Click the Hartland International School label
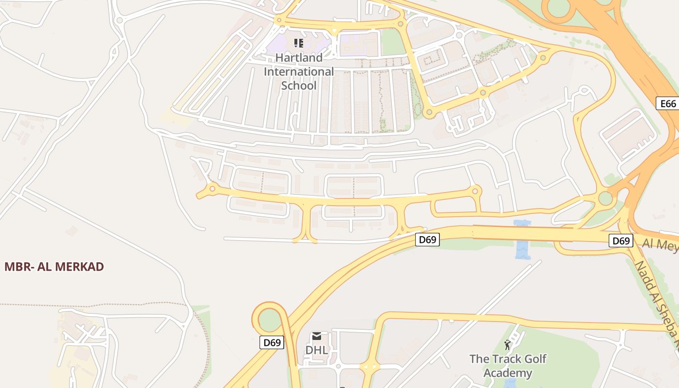pos(299,72)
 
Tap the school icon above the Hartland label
pos(299,43)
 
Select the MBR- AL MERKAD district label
pos(54,267)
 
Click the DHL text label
pos(317,350)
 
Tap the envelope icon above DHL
pos(317,336)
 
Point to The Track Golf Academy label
pos(508,366)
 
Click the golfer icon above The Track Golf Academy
pos(507,345)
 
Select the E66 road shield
pos(668,103)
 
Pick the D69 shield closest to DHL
pos(272,342)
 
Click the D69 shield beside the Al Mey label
pos(621,241)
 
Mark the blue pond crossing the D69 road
pos(522,240)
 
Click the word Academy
pos(508,373)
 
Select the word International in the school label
pos(299,72)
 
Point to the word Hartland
pos(299,58)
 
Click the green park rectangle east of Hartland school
pos(393,43)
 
